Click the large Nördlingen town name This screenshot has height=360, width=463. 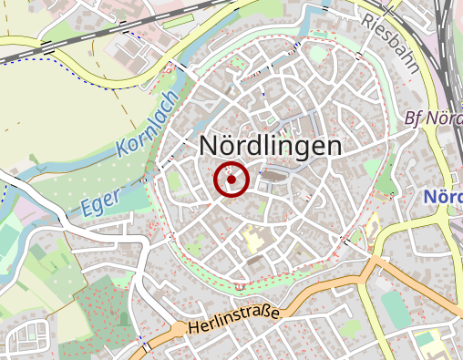[x=271, y=146]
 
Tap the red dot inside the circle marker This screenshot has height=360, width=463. [x=231, y=180]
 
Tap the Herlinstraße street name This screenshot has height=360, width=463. [x=234, y=320]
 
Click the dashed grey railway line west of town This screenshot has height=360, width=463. [x=55, y=49]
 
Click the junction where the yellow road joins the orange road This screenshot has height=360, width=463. [x=375, y=264]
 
